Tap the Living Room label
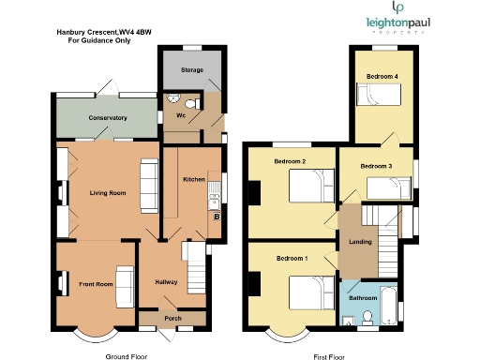(x=108, y=193)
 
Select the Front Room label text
(x=96, y=284)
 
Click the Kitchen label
(x=194, y=179)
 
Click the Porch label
(x=172, y=318)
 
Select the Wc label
(x=180, y=117)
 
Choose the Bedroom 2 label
(x=291, y=161)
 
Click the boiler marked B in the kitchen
(x=217, y=217)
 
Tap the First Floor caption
(x=330, y=356)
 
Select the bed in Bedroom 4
(x=380, y=94)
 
